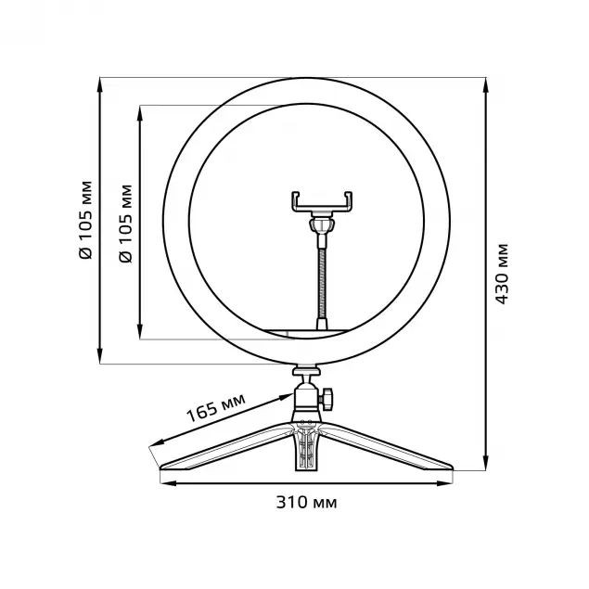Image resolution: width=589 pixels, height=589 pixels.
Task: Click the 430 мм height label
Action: [502, 274]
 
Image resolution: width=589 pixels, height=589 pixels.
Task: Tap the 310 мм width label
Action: [306, 503]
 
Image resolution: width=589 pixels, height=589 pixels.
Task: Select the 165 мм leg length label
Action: [215, 406]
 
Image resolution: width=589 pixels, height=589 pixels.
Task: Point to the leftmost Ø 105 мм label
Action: [85, 219]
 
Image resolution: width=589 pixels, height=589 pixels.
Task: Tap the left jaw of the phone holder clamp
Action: [296, 200]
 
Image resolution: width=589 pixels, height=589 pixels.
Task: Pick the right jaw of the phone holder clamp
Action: [349, 200]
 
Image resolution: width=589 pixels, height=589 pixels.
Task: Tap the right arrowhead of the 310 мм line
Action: [448, 484]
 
